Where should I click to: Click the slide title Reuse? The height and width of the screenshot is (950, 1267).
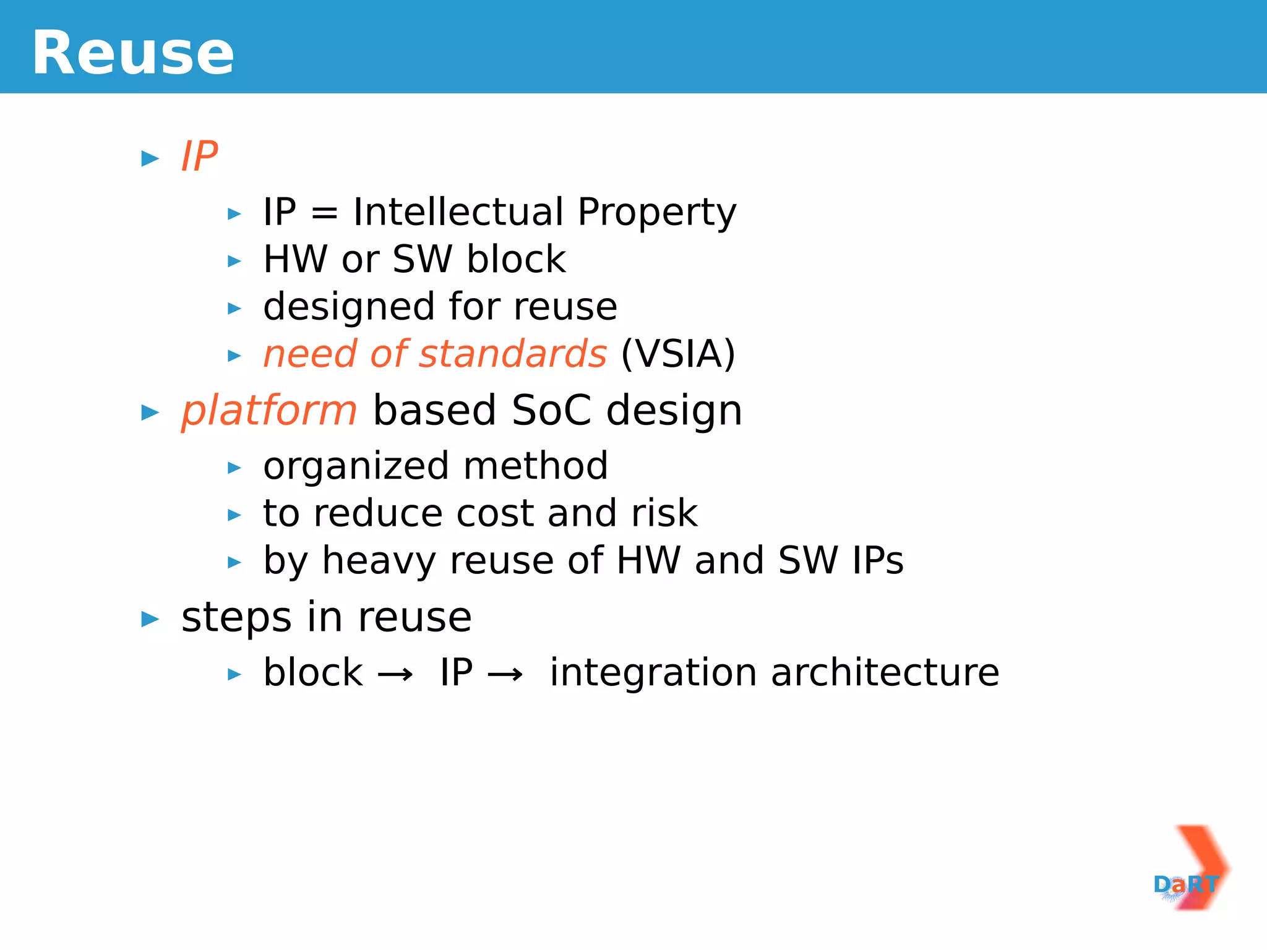point(133,54)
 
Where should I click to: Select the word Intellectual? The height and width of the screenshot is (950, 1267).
point(458,212)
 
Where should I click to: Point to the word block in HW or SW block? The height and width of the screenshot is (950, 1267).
point(516,259)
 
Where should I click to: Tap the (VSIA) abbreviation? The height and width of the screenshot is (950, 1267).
point(678,354)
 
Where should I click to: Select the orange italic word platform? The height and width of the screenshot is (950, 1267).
point(268,411)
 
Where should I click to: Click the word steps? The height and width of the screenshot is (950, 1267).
point(236,618)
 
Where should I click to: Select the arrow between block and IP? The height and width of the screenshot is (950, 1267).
point(395,674)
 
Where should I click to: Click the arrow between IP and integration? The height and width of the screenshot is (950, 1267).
point(505,674)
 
